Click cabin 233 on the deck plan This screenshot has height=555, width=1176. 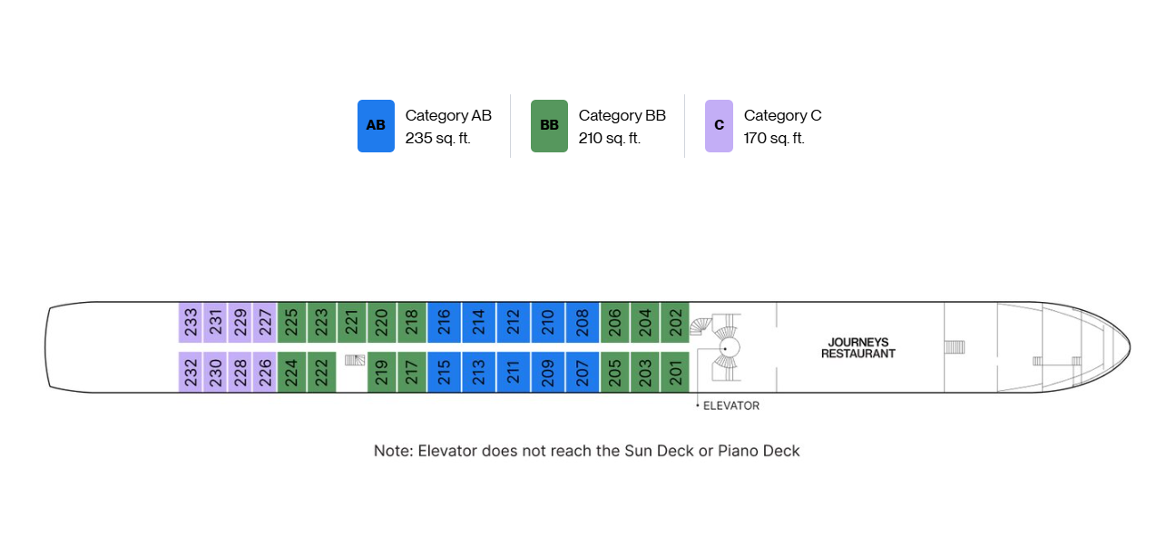(x=190, y=322)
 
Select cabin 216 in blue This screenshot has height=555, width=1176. (x=444, y=322)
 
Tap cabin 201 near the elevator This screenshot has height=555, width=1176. (x=675, y=372)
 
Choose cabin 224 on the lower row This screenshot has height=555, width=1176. (x=291, y=372)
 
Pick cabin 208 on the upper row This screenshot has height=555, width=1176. (x=583, y=322)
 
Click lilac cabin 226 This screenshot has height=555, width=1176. (x=265, y=372)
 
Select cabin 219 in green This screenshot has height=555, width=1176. (x=382, y=372)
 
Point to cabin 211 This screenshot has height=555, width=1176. (x=513, y=372)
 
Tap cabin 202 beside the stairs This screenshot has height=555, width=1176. (x=675, y=322)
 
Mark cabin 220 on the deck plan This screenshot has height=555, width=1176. (x=382, y=322)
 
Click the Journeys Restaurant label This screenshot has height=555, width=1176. (x=857, y=348)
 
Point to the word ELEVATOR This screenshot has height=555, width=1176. (x=731, y=405)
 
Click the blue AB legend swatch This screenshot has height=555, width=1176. (x=376, y=126)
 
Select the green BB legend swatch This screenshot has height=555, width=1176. (x=549, y=126)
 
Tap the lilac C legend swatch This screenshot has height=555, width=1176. (x=719, y=126)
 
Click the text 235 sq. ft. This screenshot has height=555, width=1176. (x=438, y=138)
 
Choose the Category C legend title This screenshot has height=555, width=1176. (x=783, y=115)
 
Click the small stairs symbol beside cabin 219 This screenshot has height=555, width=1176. (x=355, y=360)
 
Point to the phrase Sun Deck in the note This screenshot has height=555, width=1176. (x=659, y=451)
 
